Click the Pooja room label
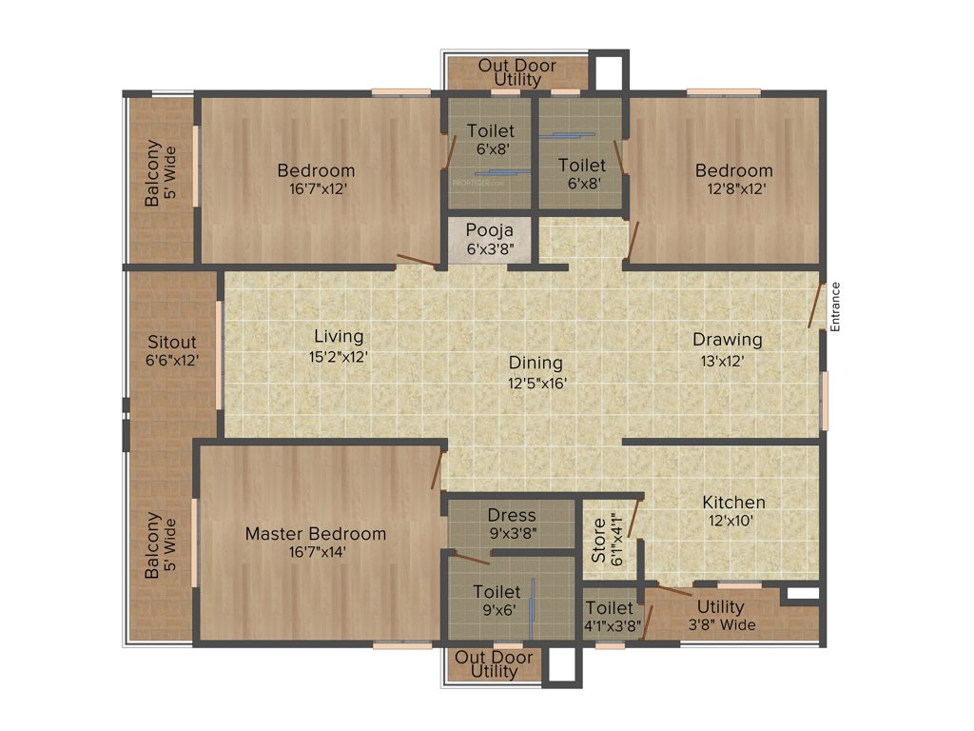(490, 230)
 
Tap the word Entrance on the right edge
(836, 306)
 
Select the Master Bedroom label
(316, 533)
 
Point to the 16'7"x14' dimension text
(316, 551)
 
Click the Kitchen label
(733, 502)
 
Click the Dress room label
(512, 515)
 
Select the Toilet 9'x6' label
(497, 592)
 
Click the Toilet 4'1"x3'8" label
(610, 608)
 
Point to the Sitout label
(172, 342)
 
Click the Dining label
(536, 363)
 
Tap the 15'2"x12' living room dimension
(340, 356)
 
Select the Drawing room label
(727, 339)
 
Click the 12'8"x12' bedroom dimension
(733, 188)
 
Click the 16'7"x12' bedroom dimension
(316, 188)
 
